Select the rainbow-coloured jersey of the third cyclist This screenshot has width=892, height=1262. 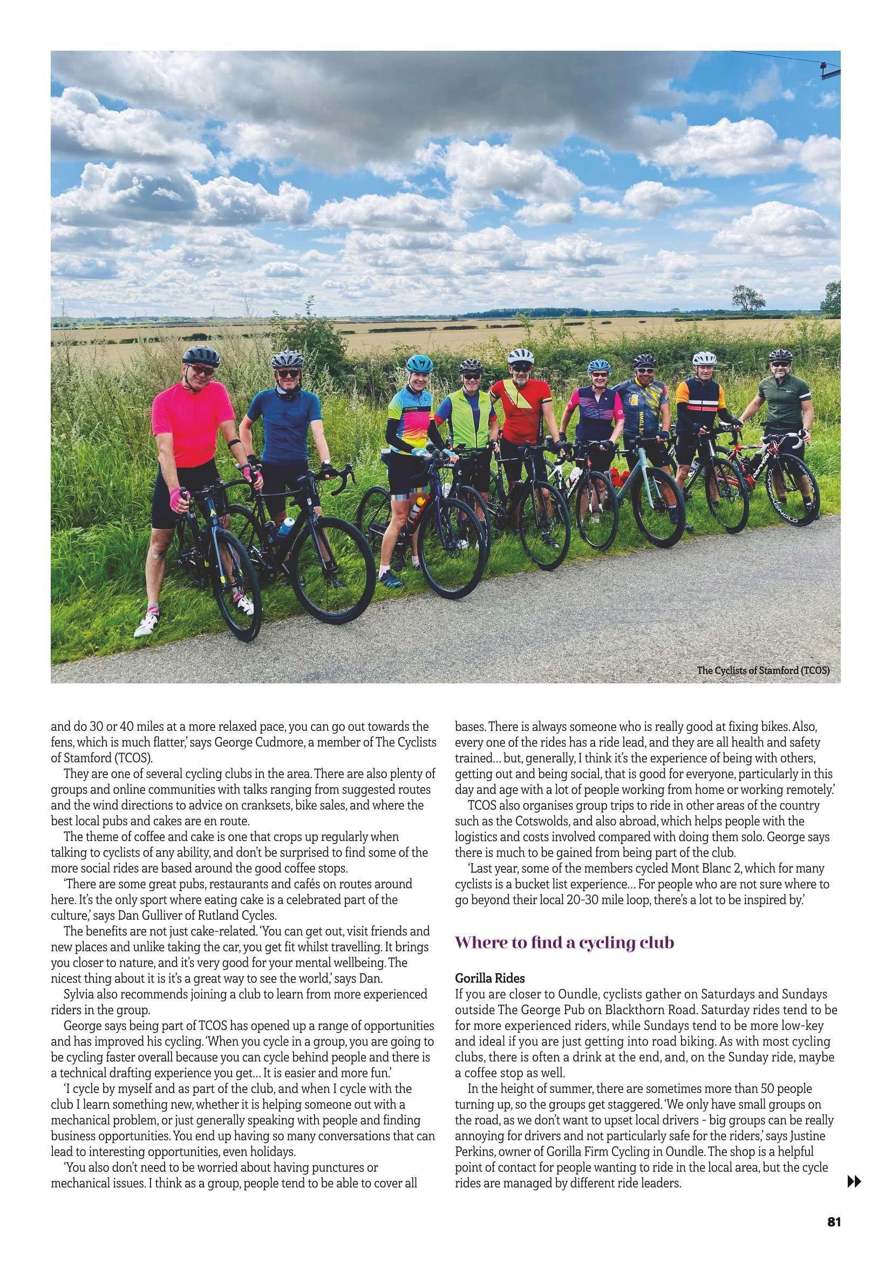411,411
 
